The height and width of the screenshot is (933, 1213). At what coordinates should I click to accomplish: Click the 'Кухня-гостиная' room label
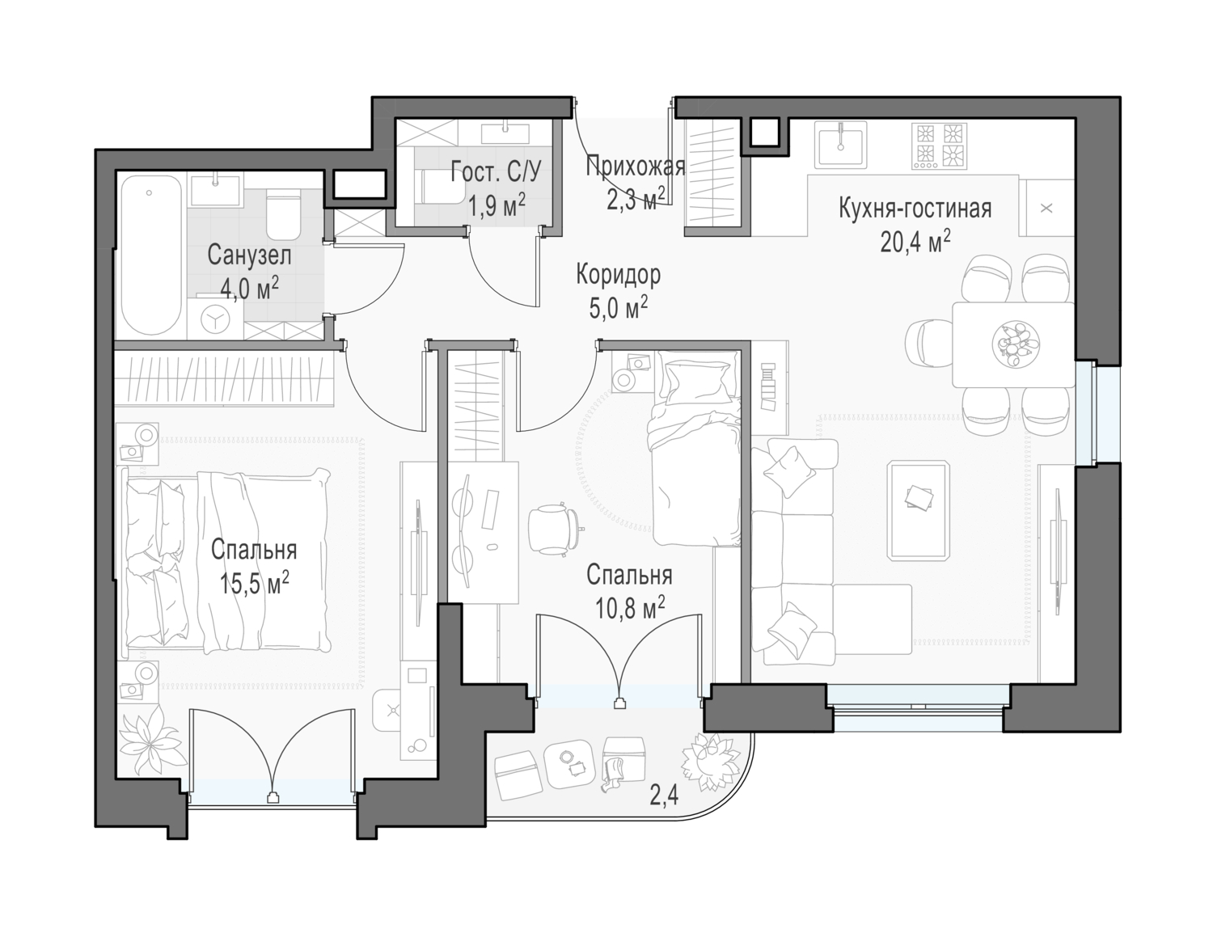pyautogui.click(x=915, y=209)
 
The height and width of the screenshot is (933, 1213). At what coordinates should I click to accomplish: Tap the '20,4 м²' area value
pyautogui.click(x=915, y=243)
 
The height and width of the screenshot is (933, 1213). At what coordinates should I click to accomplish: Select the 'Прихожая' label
pyautogui.click(x=636, y=167)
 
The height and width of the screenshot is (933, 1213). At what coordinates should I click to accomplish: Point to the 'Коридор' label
pyautogui.click(x=619, y=275)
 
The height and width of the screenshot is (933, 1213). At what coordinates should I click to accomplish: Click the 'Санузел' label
pyautogui.click(x=250, y=255)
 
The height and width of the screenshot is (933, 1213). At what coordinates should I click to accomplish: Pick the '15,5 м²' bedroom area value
pyautogui.click(x=254, y=584)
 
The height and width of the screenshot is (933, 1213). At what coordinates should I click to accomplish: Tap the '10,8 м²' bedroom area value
pyautogui.click(x=630, y=608)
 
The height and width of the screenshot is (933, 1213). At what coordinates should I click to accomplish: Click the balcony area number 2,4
pyautogui.click(x=664, y=796)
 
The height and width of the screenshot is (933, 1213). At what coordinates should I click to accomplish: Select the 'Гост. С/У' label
pyautogui.click(x=496, y=173)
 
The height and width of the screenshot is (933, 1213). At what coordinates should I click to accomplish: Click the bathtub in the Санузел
pyautogui.click(x=151, y=255)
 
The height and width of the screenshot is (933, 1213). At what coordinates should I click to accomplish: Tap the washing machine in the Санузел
pyautogui.click(x=215, y=319)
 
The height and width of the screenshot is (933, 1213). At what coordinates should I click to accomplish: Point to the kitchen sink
pyautogui.click(x=840, y=145)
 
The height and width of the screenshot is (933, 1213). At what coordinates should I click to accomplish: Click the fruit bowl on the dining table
pyautogui.click(x=1016, y=345)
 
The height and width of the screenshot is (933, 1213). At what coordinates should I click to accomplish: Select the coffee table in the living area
pyautogui.click(x=919, y=510)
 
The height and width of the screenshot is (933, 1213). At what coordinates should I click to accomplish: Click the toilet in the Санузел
pyautogui.click(x=284, y=213)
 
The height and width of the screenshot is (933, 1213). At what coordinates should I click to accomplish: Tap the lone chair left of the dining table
pyautogui.click(x=929, y=344)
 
